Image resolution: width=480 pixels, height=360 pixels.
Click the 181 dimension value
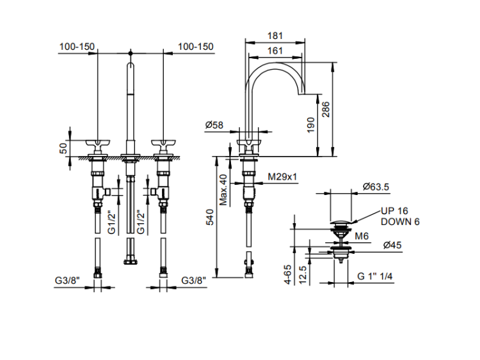click(275, 36)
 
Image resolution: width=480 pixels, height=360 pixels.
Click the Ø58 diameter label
click(214, 125)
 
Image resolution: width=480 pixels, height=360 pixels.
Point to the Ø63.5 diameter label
click(376, 187)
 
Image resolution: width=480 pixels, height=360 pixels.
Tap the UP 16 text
click(394, 210)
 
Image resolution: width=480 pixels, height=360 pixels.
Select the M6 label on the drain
click(363, 236)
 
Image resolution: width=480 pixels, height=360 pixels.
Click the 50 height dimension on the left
click(63, 148)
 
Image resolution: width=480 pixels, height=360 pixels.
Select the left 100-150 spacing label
click(77, 47)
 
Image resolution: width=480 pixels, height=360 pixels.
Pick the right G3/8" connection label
click(195, 279)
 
